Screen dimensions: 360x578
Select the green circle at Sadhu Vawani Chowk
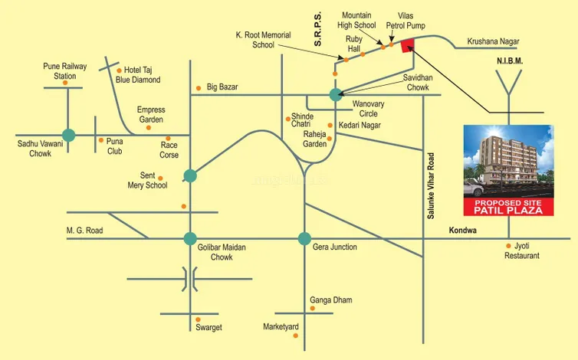[x=68, y=136]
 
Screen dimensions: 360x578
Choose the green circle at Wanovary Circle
[x=335, y=95]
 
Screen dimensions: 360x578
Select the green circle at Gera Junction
[x=304, y=237]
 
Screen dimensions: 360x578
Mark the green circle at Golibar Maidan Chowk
[x=189, y=237]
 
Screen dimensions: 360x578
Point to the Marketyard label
[x=281, y=327]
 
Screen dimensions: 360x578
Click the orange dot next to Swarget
[x=198, y=319]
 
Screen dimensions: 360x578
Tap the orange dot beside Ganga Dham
[x=312, y=308]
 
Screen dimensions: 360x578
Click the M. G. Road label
[x=84, y=230]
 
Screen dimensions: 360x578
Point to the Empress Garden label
[x=151, y=114]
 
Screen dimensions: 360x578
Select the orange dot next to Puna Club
[x=100, y=140]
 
